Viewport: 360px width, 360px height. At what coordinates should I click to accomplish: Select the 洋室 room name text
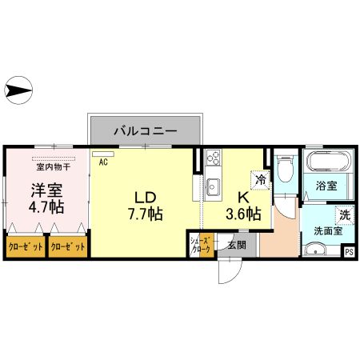point(47,191)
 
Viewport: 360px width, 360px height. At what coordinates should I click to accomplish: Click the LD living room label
point(145,197)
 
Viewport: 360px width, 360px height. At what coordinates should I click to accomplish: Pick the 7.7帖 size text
point(145,214)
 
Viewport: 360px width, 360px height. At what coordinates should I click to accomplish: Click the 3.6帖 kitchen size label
point(242,214)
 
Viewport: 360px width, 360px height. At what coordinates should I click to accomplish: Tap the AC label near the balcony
point(103,162)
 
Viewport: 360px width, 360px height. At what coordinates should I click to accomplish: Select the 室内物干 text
point(53,167)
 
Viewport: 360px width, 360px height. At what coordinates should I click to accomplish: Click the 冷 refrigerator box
point(261,181)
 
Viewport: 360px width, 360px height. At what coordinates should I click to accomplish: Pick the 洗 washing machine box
point(343,214)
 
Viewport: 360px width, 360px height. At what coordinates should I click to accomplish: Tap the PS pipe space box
point(348,251)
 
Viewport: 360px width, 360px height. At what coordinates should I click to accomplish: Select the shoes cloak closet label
point(199,246)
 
